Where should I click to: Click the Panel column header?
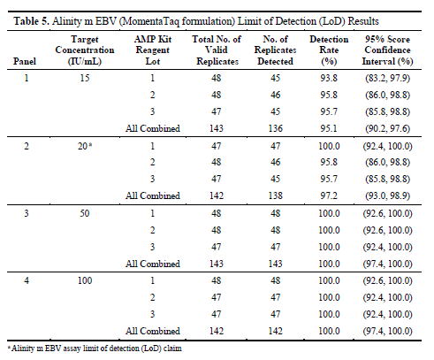tap(25, 61)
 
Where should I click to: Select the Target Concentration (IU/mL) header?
tap(85, 50)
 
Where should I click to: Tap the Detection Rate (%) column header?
tap(329, 50)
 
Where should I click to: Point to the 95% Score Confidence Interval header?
tap(387, 50)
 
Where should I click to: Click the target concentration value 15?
tap(85, 78)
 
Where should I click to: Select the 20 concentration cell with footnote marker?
tap(85, 146)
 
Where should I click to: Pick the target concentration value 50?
tap(85, 213)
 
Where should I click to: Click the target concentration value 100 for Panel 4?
tap(85, 280)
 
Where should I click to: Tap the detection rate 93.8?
tap(329, 78)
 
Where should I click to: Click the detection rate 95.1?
tap(329, 128)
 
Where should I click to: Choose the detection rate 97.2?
tap(329, 195)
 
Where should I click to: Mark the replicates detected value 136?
tap(276, 128)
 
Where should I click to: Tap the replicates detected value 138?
tap(276, 195)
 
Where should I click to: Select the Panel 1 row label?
tap(27, 78)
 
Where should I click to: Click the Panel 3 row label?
tap(27, 213)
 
